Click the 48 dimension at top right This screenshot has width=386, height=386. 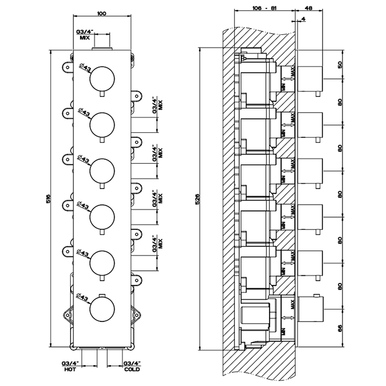tap(308, 9)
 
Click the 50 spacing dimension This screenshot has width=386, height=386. tap(340, 65)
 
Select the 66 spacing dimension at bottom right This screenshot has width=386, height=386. tap(340, 329)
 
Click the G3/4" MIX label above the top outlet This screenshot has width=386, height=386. tap(84, 34)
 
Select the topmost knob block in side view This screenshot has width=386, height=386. tap(309, 78)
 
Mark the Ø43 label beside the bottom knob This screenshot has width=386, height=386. tap(84, 298)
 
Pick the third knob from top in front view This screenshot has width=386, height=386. tap(102, 169)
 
